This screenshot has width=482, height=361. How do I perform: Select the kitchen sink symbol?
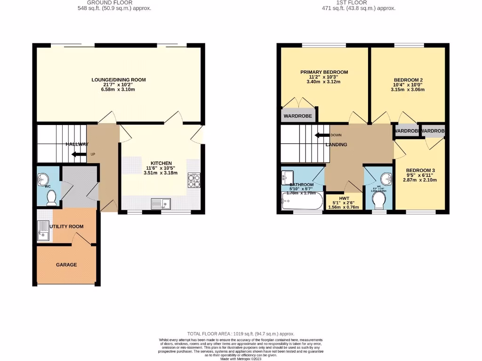pos(161,204)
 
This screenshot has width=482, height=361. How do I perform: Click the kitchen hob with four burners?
pos(194,180)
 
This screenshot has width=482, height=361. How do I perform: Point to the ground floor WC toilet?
pos(51,197)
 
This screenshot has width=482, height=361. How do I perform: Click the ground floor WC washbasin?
pos(42,179)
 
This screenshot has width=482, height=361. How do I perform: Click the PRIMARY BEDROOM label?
pos(324,72)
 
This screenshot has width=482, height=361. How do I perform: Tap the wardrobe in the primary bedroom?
pos(298,116)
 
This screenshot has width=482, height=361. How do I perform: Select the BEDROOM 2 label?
pos(408,80)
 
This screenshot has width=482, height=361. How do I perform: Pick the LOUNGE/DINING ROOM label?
pos(118,80)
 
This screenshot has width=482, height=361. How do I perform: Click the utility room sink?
pos(43,230)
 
